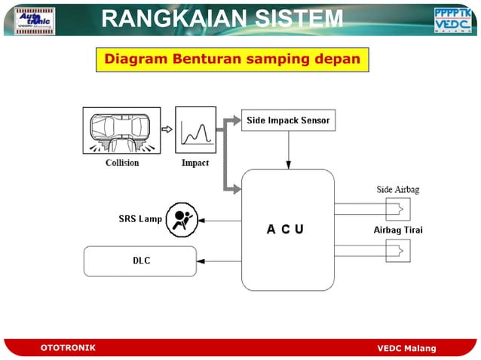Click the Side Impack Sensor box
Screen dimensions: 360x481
(x=288, y=120)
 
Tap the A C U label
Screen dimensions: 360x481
(x=285, y=229)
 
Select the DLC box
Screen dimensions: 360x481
(x=139, y=261)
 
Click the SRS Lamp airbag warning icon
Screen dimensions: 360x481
(x=181, y=220)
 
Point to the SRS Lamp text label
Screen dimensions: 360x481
(x=140, y=219)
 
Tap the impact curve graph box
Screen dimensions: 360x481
(x=195, y=130)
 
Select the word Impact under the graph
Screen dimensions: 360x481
(x=195, y=163)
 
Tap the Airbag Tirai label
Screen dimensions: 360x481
(x=397, y=230)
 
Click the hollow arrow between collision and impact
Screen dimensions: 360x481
(x=167, y=130)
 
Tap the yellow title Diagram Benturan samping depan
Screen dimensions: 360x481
(x=231, y=59)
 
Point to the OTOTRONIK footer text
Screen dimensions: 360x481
(x=68, y=348)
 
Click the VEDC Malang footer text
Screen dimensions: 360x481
(x=406, y=348)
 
